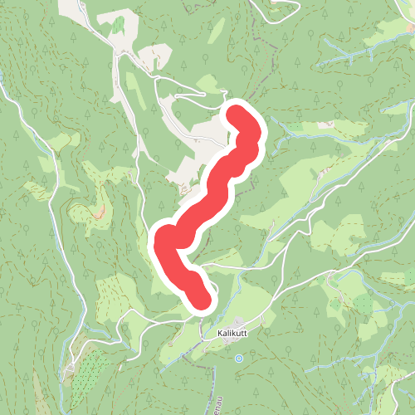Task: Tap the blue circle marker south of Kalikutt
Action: click(x=239, y=359)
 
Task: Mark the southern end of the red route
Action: click(x=200, y=300)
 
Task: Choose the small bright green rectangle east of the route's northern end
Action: click(x=320, y=124)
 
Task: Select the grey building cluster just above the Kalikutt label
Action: click(x=239, y=321)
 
